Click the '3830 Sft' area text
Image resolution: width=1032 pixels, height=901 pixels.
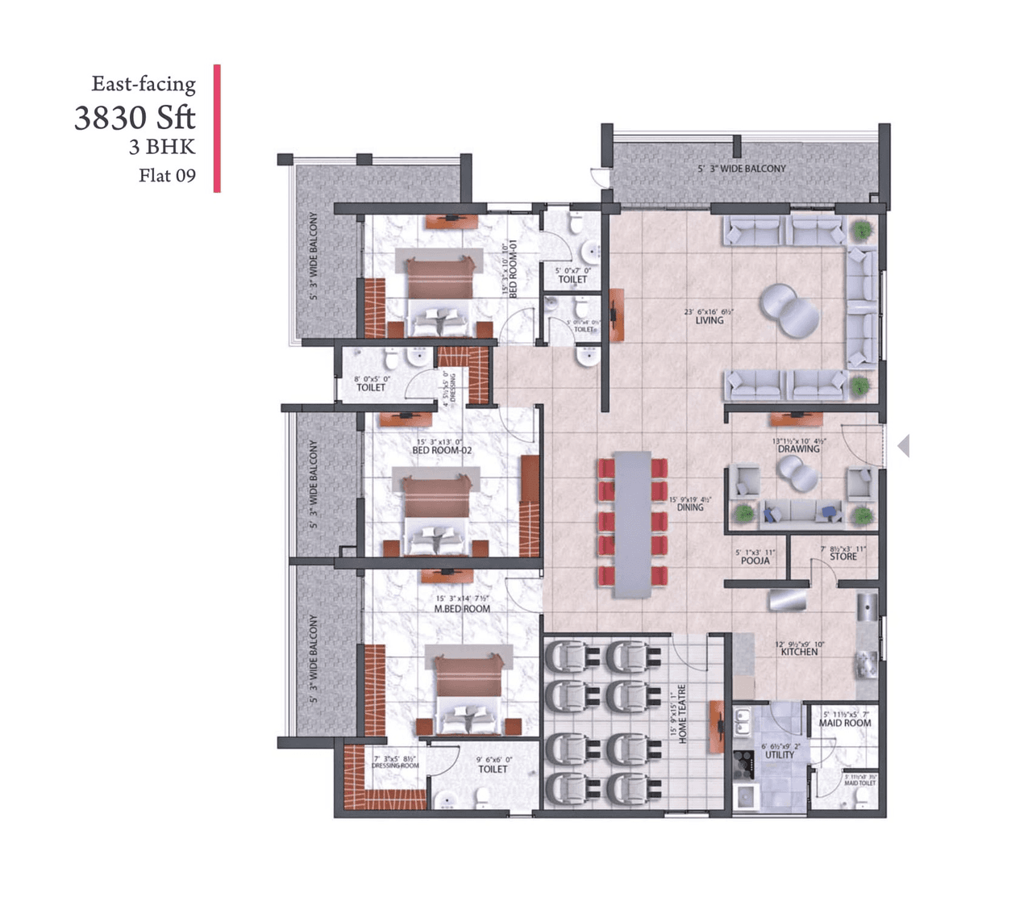135,118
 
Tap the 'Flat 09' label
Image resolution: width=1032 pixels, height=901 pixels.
167,176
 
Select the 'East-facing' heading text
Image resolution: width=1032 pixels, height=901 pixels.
144,84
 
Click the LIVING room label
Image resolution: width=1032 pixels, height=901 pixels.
709,320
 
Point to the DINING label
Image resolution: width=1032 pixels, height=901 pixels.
690,507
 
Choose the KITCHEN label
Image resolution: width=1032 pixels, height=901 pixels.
799,652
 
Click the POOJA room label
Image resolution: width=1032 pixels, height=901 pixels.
755,561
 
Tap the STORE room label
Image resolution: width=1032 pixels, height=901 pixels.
843,557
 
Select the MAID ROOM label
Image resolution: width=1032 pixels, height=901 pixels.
845,724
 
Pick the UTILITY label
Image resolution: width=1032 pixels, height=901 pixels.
780,755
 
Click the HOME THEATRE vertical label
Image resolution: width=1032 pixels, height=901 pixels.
682,715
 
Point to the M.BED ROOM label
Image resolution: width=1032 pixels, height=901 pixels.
462,609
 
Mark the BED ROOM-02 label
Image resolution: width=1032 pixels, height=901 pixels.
442,450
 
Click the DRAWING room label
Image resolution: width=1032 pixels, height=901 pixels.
798,449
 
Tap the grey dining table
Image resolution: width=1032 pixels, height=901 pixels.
632,524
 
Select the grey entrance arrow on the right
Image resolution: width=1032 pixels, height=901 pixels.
904,445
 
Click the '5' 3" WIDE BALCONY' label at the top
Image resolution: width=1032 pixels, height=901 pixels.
742,169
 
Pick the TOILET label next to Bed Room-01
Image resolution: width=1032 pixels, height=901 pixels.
573,280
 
